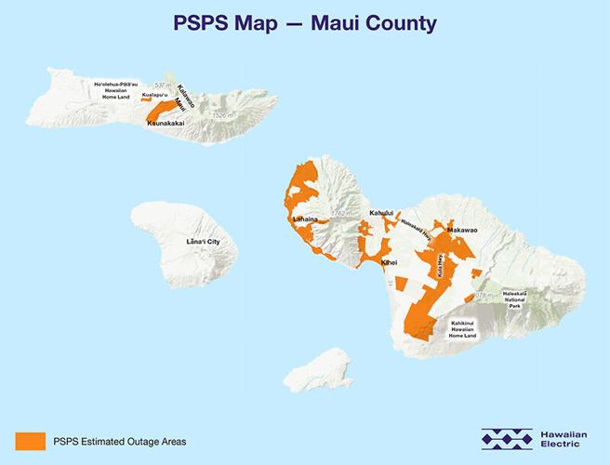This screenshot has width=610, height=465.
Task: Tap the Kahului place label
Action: pos(382,213)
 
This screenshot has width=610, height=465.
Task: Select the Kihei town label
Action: pos(390,263)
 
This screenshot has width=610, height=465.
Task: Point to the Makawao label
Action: pos(462,229)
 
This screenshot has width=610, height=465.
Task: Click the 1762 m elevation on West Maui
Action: pos(344,214)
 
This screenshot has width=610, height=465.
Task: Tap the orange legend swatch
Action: pos(30,440)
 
